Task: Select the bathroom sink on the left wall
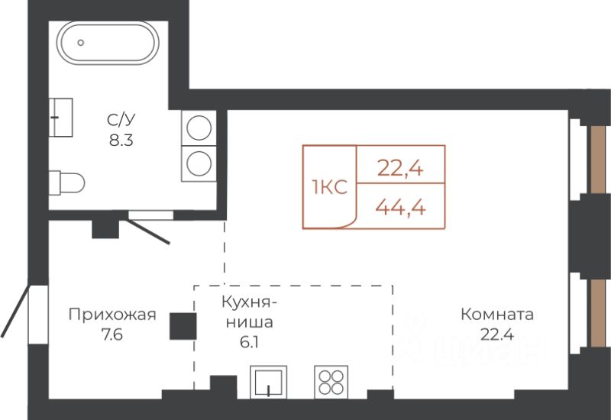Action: coord(60,117)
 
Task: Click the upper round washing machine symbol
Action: coord(199,126)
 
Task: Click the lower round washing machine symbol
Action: coord(199,163)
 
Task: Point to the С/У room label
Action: coord(121,121)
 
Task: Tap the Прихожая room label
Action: coord(112,315)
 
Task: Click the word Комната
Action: coord(496,315)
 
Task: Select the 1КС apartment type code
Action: coord(330,187)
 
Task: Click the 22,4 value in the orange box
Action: coord(400,165)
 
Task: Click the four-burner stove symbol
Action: coord(331,380)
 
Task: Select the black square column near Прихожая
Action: coord(183,327)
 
